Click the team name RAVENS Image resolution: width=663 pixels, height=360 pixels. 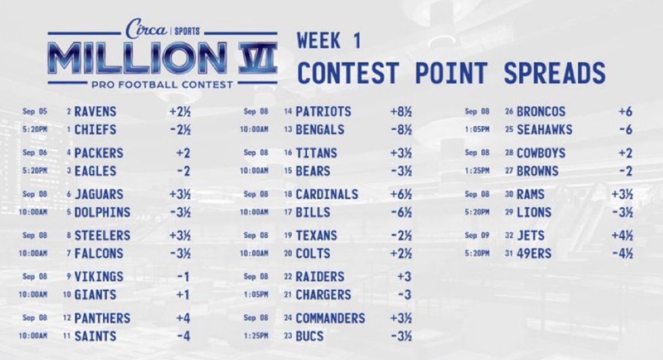click(95, 112)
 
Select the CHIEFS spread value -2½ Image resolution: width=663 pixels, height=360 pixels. click(181, 129)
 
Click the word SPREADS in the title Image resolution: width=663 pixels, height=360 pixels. click(554, 73)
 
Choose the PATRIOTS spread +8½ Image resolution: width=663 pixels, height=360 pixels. click(400, 112)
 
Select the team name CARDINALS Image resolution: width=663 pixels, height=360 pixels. click(327, 194)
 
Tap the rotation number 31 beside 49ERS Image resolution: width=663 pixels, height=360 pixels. click(510, 253)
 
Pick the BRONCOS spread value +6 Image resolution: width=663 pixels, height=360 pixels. click(625, 112)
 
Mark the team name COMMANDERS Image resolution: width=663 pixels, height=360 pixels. click(330, 318)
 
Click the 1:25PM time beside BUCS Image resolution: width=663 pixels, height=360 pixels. click(255, 336)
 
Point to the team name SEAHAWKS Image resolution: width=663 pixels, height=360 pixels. click(545, 129)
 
